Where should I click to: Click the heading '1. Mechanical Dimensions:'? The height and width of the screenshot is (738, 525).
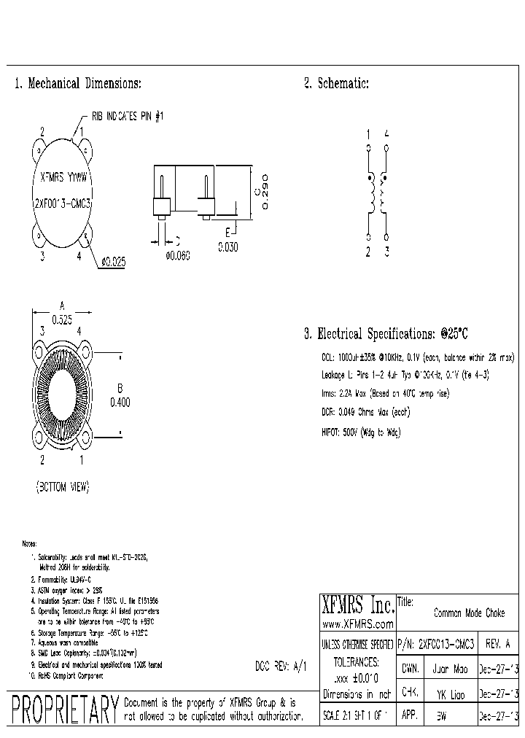[x=78, y=84]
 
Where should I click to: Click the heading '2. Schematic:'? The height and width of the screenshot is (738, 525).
[x=336, y=84]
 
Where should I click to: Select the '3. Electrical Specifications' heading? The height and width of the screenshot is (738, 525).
[x=385, y=334]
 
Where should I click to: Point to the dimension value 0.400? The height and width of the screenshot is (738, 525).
[x=120, y=401]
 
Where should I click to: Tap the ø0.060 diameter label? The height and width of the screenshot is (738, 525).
[x=178, y=255]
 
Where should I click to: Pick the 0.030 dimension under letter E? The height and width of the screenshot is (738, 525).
[x=227, y=247]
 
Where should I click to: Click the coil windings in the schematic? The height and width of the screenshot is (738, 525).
[x=377, y=194]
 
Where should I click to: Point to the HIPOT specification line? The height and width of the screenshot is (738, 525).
[x=361, y=432]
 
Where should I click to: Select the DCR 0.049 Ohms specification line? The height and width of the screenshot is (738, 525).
[x=365, y=412]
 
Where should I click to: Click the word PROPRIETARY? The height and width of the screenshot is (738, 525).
[x=66, y=710]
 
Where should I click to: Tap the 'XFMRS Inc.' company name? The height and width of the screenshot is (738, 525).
[x=357, y=605]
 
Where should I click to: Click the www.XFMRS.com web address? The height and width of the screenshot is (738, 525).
[x=357, y=624]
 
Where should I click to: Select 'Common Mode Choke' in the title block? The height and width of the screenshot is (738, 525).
[x=469, y=613]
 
